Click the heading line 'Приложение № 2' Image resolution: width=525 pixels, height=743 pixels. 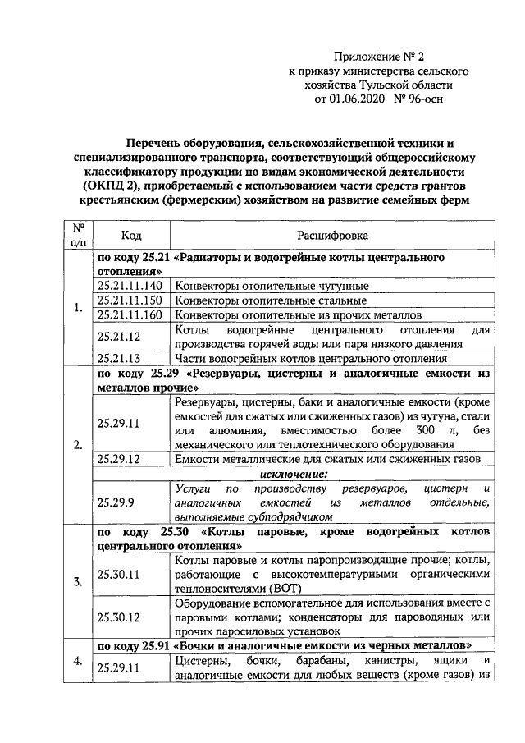click(x=381, y=57)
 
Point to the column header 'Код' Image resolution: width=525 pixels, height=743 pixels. click(x=131, y=236)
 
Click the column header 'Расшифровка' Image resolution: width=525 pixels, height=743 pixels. click(x=332, y=236)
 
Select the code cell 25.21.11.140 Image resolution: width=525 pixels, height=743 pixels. click(x=130, y=286)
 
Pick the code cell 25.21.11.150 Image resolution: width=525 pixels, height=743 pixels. click(x=130, y=300)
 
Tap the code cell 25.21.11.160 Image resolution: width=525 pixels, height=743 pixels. click(x=130, y=314)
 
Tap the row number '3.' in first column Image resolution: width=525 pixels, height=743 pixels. click(x=78, y=582)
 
